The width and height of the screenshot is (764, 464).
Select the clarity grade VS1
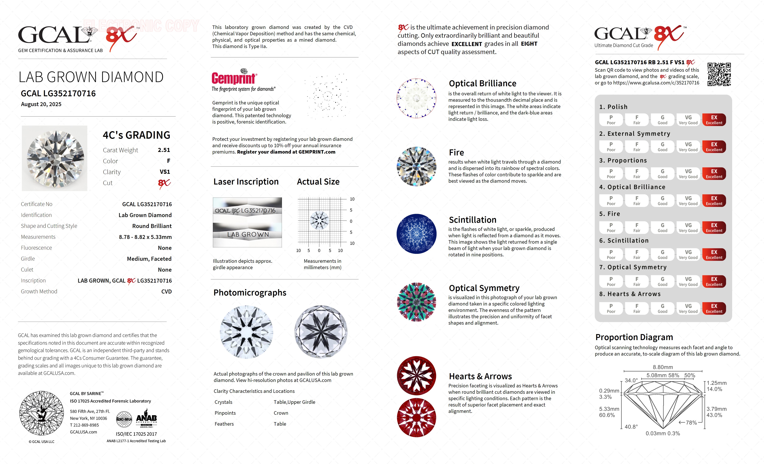point(165,172)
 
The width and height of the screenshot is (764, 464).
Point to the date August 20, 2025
point(41,104)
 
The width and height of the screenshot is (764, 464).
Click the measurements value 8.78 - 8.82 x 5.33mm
point(145,237)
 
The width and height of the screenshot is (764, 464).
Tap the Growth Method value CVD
point(166,292)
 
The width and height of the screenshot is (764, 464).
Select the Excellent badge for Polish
point(714,120)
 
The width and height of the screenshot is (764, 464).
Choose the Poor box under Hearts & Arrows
point(611,308)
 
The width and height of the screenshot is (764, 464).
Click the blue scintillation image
point(416,234)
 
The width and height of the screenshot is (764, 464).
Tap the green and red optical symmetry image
point(416,302)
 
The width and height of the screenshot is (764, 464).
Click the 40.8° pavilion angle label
point(631,427)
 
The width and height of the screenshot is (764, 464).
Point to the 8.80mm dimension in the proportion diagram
point(663,367)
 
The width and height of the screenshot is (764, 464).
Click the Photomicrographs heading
point(250,293)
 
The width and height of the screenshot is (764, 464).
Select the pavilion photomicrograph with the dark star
point(321,332)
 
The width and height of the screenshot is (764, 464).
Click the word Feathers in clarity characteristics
point(224,424)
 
